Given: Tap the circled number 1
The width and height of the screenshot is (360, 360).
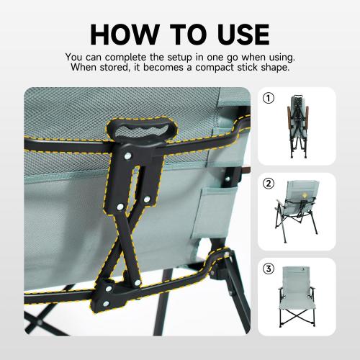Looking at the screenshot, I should point(268,98).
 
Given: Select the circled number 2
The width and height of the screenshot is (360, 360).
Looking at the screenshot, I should point(268,183).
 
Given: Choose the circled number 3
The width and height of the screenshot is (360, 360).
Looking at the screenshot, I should point(268,269).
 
